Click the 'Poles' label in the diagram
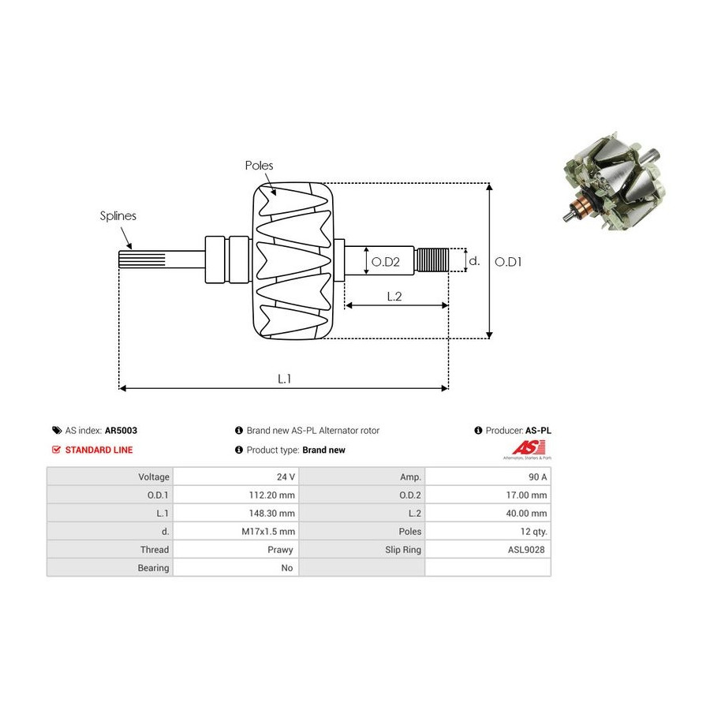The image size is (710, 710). point(259,166)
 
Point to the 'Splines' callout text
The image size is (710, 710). point(118,216)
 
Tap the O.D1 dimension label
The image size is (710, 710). point(508,262)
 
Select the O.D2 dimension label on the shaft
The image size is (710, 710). point(385,262)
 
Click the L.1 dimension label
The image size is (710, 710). point(284,379)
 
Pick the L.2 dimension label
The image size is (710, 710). point(394,296)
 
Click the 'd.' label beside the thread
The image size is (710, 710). point(474,261)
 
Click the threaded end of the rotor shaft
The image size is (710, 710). point(432,260)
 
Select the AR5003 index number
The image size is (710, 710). point(121,431)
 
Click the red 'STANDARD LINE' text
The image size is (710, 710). point(99,450)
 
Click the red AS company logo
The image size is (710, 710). point(528,448)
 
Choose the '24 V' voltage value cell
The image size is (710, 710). point(236,476)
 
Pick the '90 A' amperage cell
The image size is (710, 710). point(488,476)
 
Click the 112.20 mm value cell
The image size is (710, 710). point(236,495)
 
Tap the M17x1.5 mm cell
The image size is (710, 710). point(236,531)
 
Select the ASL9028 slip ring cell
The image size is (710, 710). point(488,549)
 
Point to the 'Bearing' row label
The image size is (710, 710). point(153,568)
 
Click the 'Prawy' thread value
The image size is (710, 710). point(280,550)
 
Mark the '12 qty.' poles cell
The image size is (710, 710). point(488,531)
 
